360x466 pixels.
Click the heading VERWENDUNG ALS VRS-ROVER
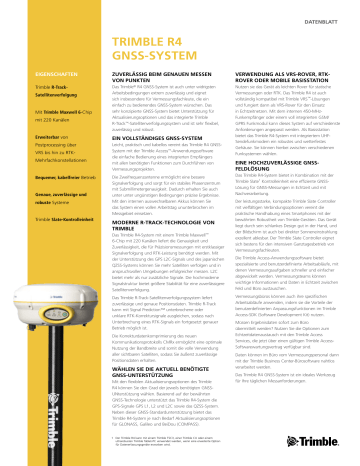(290, 104)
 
